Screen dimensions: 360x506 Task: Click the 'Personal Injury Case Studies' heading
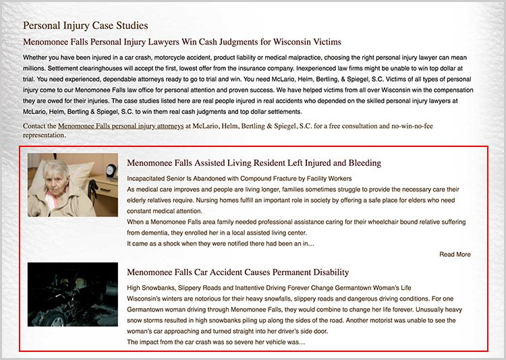pyautogui.click(x=85, y=26)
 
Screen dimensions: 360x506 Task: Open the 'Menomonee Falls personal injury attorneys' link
pyautogui.click(x=120, y=125)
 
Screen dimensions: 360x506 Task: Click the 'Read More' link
pyautogui.click(x=455, y=254)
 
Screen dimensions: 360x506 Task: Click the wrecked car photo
pyautogui.click(x=73, y=295)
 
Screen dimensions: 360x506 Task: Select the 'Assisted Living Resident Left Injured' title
pyautogui.click(x=254, y=163)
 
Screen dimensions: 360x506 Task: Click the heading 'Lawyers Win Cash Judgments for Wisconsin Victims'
pyautogui.click(x=182, y=42)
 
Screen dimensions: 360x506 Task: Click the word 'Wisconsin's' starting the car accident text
pyautogui.click(x=146, y=299)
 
